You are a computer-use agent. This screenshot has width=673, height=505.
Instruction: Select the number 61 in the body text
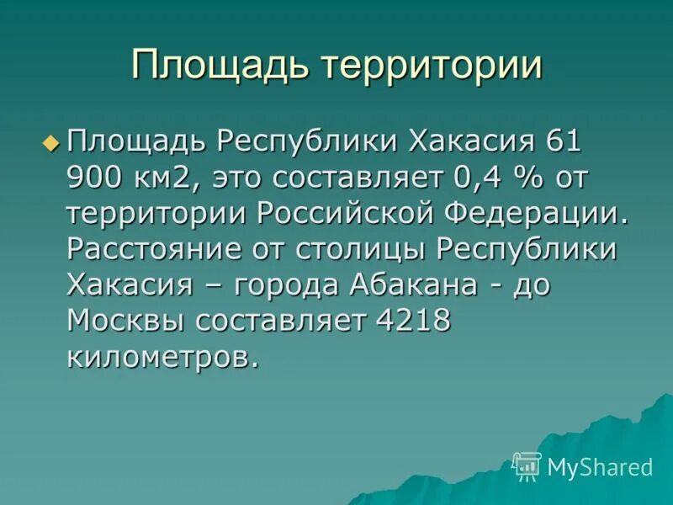pos(564,141)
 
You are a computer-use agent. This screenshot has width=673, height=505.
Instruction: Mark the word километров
pos(161,357)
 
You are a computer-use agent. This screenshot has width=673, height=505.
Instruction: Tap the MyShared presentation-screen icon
pos(527,465)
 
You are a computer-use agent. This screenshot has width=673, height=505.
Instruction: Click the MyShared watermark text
pos(600,467)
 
